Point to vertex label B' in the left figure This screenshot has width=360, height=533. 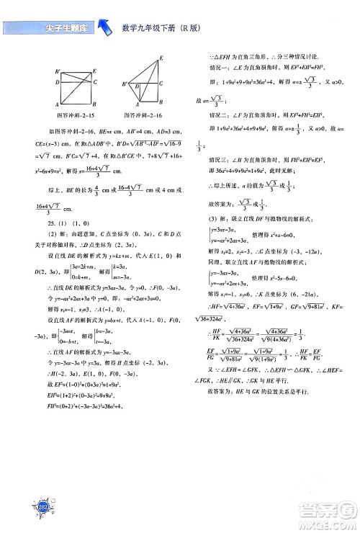point(57,71)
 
